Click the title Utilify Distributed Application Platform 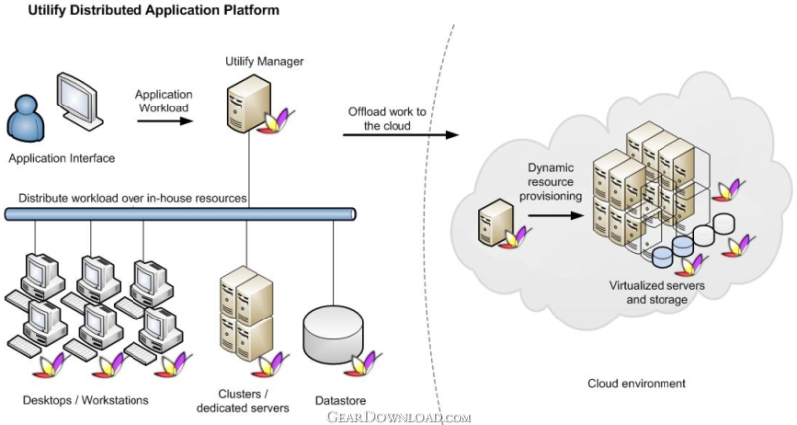(x=153, y=10)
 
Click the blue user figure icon (x=26, y=118)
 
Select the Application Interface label (x=62, y=158)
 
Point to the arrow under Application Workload (x=165, y=121)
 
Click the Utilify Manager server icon (x=248, y=104)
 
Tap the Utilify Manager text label (x=264, y=61)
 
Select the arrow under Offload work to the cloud (x=400, y=135)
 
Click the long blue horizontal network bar (x=180, y=214)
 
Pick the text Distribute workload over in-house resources (x=133, y=198)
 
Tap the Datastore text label (x=340, y=401)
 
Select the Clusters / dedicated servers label (x=243, y=401)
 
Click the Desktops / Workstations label (x=86, y=400)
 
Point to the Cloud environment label (x=637, y=383)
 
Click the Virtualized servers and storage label (x=657, y=292)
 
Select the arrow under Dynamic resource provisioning (x=555, y=215)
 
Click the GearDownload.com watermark (x=398, y=417)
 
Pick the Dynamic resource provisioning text (x=551, y=182)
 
